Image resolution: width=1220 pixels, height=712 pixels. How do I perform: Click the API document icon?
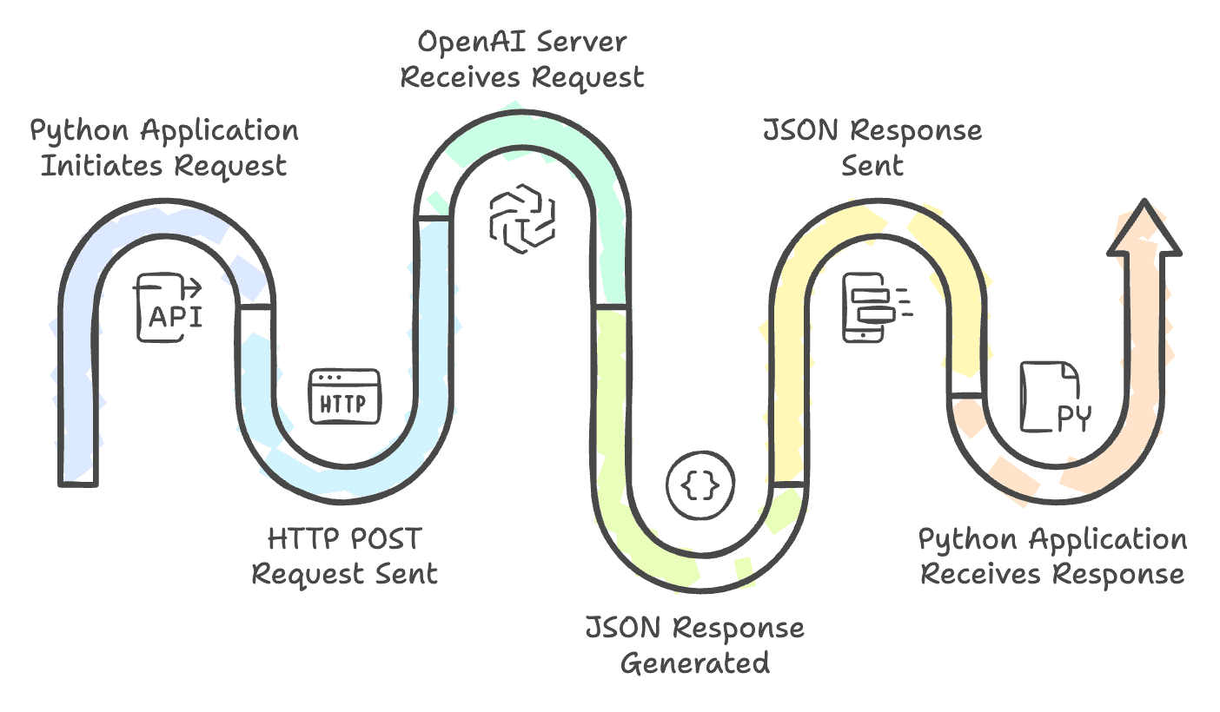(x=168, y=307)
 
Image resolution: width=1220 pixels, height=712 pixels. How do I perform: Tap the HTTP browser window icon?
(x=345, y=396)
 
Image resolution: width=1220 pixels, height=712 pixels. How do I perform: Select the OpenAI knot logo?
(x=522, y=218)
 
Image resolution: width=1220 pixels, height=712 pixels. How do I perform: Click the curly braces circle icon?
(x=700, y=485)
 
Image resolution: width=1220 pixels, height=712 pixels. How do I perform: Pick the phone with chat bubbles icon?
(x=877, y=307)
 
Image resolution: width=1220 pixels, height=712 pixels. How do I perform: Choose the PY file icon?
(x=1056, y=397)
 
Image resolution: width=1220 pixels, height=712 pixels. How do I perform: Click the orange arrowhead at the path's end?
(x=1144, y=227)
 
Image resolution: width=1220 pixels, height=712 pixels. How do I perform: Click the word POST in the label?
(x=386, y=539)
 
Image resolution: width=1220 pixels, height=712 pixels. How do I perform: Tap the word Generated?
(x=695, y=664)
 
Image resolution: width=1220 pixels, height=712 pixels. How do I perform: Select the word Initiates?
(x=102, y=166)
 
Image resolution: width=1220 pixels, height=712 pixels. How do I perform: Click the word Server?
(x=581, y=42)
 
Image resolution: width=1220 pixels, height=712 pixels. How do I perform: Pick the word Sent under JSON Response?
(x=872, y=166)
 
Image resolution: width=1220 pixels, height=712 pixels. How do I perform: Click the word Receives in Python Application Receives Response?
(x=980, y=574)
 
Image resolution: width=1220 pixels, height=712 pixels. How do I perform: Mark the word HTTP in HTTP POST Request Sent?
(x=303, y=539)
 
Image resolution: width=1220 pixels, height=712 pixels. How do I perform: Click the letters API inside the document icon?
(x=176, y=317)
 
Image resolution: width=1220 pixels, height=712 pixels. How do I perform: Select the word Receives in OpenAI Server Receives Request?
(x=461, y=77)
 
